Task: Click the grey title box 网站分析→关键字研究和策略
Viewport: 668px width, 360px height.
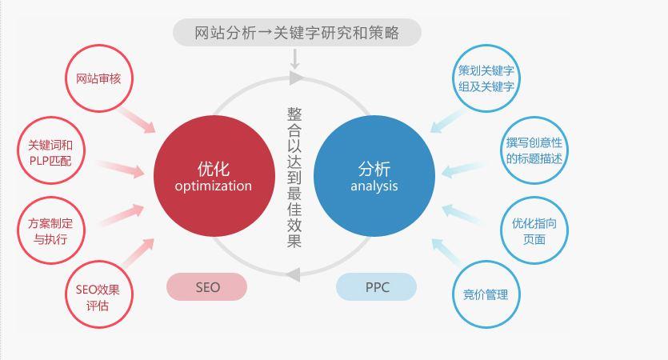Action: pos(297,33)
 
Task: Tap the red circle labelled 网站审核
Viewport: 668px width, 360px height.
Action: pos(98,78)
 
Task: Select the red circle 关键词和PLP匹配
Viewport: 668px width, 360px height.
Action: pos(50,151)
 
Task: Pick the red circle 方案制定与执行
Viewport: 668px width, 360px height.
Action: pos(50,231)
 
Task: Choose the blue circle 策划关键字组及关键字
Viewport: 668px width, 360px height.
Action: pos(486,78)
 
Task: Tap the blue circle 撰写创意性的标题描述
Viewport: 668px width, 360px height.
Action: pos(534,150)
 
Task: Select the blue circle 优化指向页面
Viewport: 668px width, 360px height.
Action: pos(534,230)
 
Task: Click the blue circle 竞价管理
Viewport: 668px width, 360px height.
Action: pos(486,294)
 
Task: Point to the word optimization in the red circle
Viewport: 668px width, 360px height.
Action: pos(213,186)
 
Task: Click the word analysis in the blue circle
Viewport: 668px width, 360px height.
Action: pos(374,186)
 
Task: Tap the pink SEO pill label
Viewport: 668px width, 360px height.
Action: pos(207,287)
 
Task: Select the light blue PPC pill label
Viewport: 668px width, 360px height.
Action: pos(377,287)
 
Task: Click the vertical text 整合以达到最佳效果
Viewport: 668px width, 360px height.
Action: pos(294,178)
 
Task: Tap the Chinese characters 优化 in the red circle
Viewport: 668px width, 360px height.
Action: pos(213,168)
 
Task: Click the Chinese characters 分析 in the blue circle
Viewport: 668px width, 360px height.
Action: pos(374,168)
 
